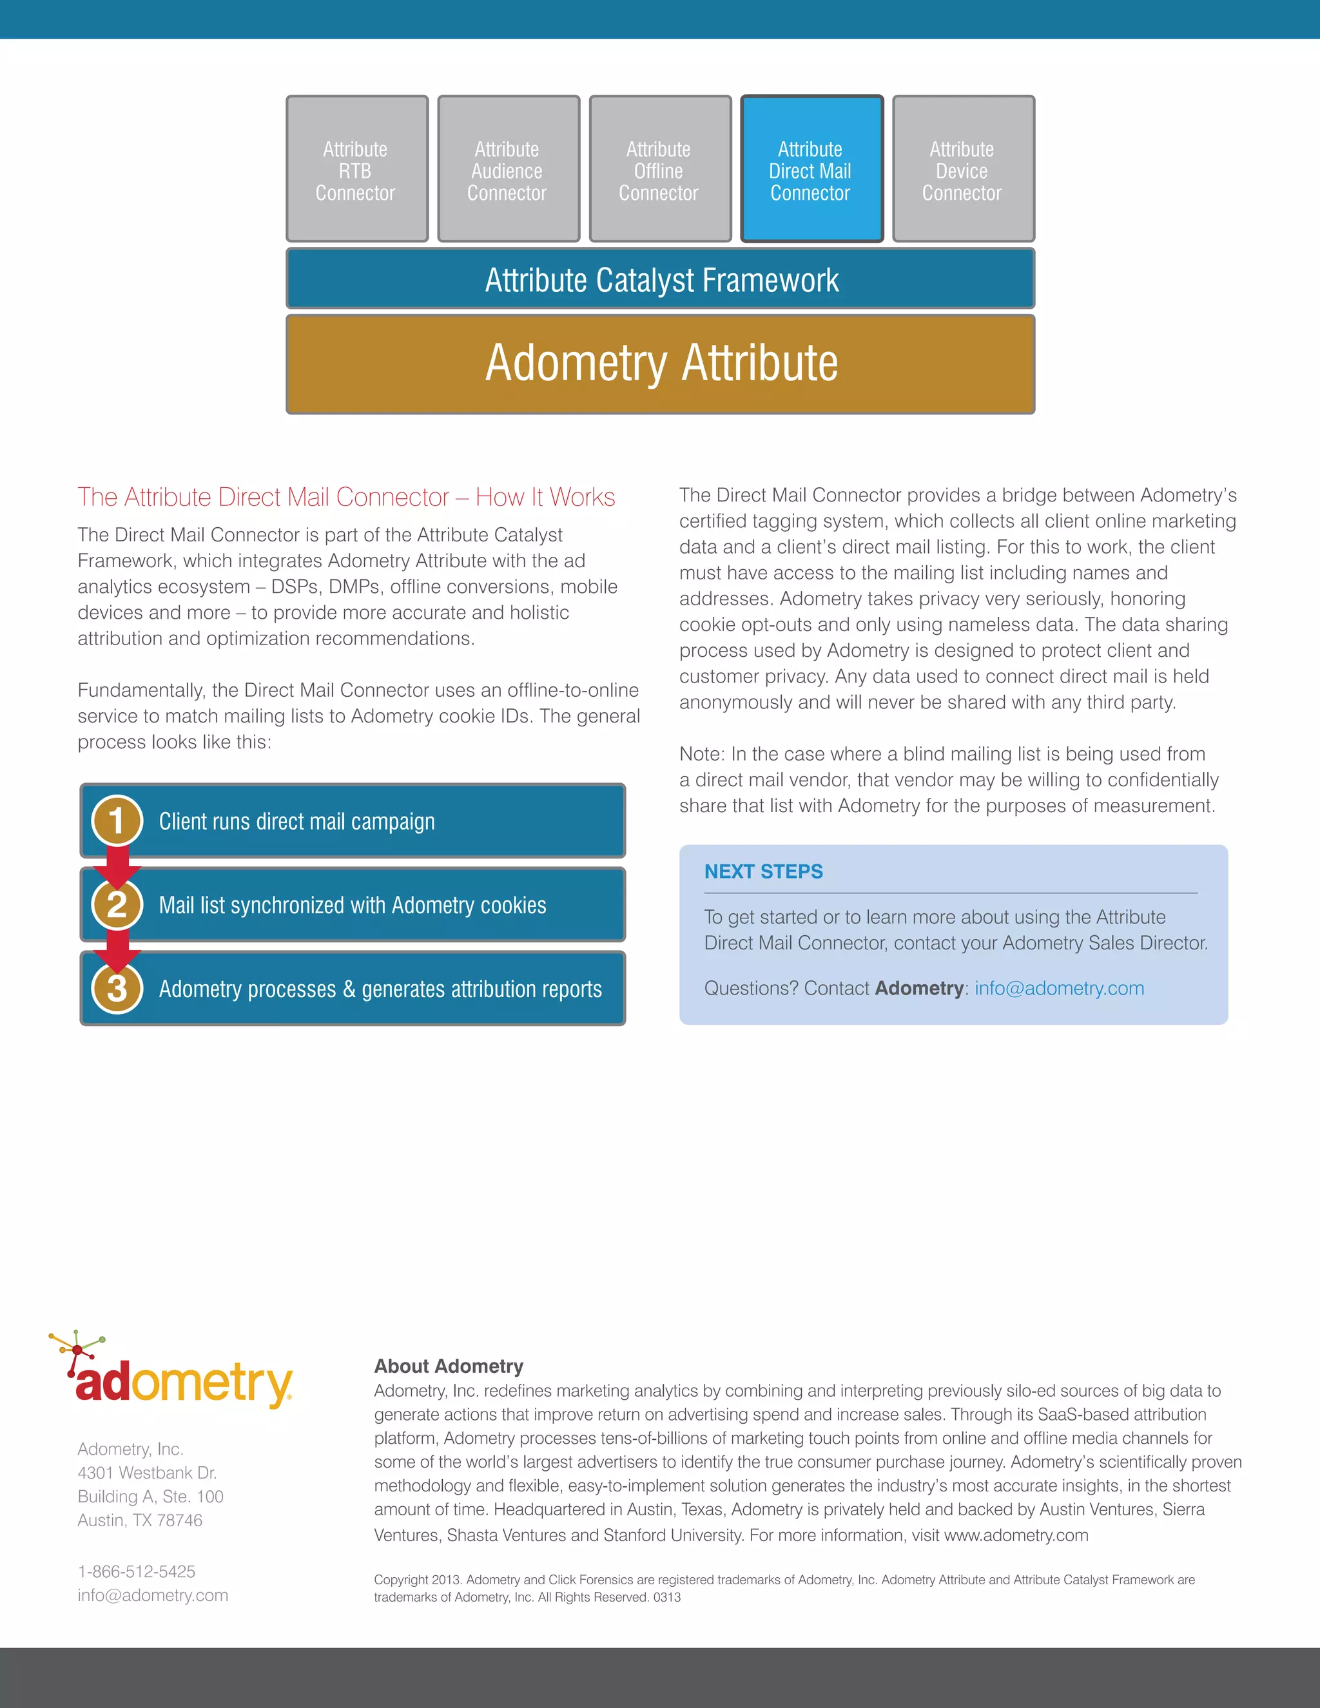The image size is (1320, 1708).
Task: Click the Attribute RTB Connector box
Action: pyautogui.click(x=356, y=169)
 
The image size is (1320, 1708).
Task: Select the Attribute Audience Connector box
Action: pyautogui.click(x=509, y=169)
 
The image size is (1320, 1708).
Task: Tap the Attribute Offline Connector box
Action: pyautogui.click(x=660, y=169)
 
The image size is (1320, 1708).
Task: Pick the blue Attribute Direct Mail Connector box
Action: pyautogui.click(x=811, y=169)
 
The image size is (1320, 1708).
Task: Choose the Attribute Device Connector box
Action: pyautogui.click(x=963, y=169)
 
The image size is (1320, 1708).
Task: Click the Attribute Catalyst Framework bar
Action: pyautogui.click(x=660, y=279)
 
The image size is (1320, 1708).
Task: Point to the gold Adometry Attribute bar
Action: pyautogui.click(x=660, y=364)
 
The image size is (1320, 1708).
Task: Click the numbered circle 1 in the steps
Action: pyautogui.click(x=117, y=820)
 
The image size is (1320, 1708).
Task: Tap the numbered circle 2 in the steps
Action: pyautogui.click(x=117, y=905)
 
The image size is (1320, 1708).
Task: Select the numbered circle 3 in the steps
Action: pyautogui.click(x=117, y=989)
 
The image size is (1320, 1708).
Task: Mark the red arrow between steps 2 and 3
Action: pyautogui.click(x=117, y=948)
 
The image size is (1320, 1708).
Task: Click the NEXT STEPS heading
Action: pyautogui.click(x=763, y=871)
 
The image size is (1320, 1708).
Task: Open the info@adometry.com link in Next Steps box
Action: pyautogui.click(x=1059, y=989)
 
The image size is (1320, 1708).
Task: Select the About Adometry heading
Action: pyautogui.click(x=448, y=1366)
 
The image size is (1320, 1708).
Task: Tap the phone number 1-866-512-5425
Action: pyautogui.click(x=136, y=1571)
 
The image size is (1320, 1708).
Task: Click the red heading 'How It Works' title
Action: pyautogui.click(x=345, y=498)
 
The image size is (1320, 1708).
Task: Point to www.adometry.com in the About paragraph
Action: pyautogui.click(x=1016, y=1535)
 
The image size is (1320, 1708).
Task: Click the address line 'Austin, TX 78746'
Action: pyautogui.click(x=140, y=1520)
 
